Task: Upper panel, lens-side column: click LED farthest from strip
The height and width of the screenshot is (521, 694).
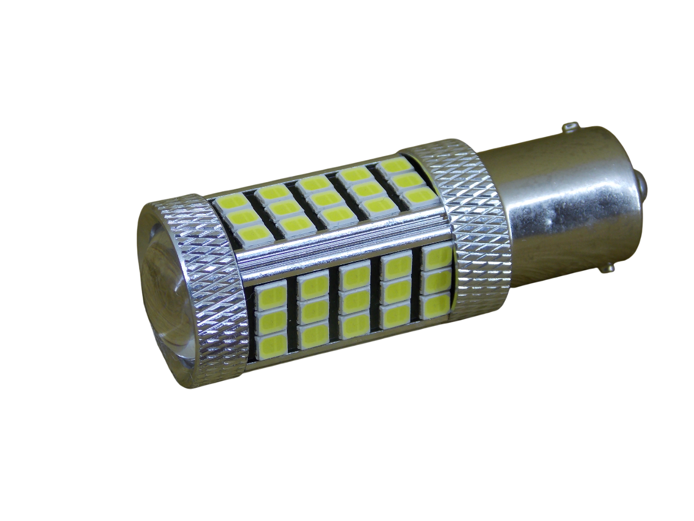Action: click(229, 204)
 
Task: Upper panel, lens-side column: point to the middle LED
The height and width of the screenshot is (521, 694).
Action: click(241, 220)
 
